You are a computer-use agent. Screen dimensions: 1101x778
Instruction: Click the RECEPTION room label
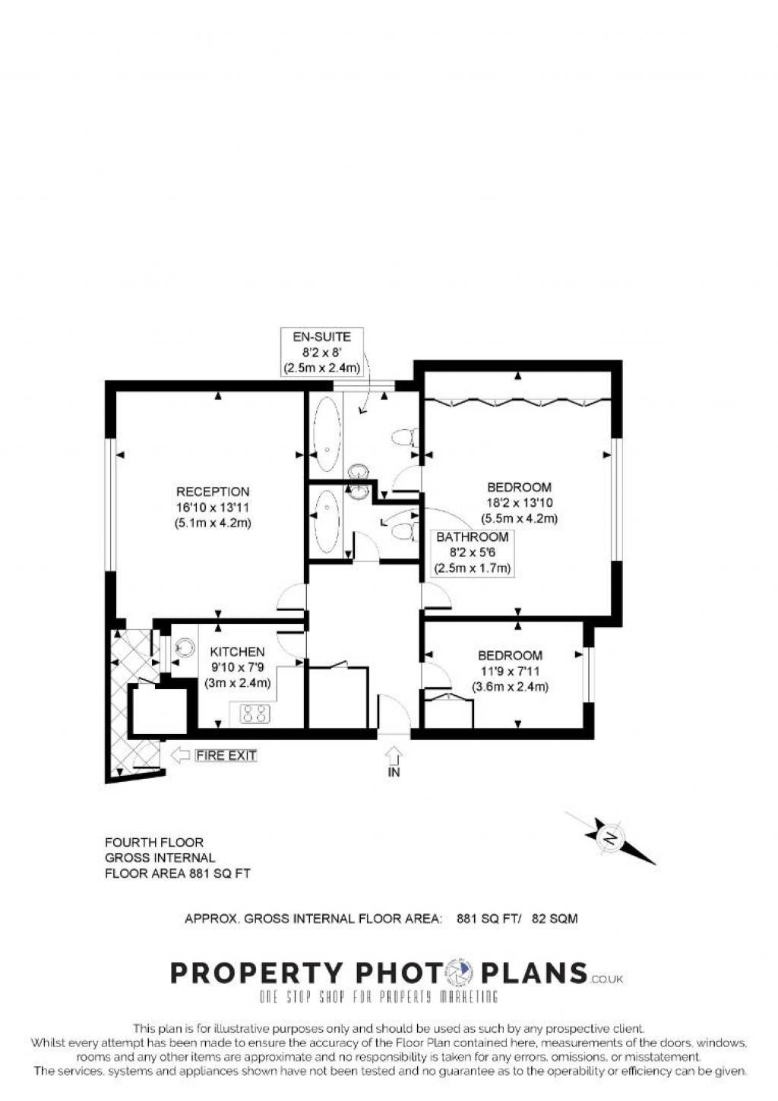(x=213, y=492)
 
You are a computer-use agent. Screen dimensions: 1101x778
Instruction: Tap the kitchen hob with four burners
(x=255, y=713)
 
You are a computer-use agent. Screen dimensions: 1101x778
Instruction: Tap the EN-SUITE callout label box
(x=321, y=352)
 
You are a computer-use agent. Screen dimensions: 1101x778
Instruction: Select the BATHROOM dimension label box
(x=472, y=552)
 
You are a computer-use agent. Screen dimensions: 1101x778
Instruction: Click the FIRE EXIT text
(x=226, y=755)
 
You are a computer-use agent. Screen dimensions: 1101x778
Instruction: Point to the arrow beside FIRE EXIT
(x=180, y=755)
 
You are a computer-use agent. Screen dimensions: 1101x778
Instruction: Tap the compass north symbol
(x=610, y=838)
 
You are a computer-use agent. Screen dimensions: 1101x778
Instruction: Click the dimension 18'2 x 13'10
(x=519, y=503)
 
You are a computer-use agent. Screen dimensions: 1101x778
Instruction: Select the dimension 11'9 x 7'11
(x=510, y=671)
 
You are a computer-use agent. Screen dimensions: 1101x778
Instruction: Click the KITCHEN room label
(x=237, y=652)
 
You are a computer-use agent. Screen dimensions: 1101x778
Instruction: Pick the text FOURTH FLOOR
(x=154, y=842)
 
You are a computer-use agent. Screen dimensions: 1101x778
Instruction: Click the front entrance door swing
(x=395, y=714)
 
